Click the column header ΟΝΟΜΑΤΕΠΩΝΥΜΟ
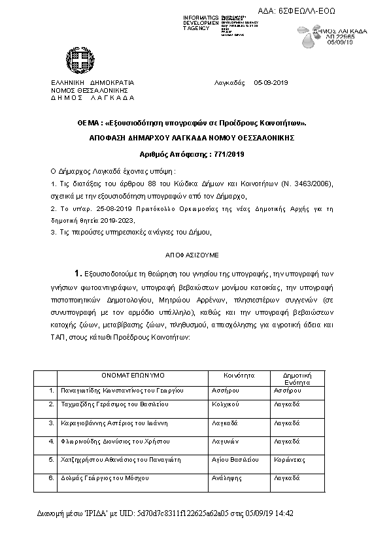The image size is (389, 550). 133,376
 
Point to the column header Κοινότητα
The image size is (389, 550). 238,376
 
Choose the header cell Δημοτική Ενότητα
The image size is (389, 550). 296,379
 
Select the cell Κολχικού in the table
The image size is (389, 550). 226,405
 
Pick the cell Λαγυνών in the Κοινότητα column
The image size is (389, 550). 226,442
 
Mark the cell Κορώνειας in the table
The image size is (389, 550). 290,460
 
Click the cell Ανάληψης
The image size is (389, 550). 226,478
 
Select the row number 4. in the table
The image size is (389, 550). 52,442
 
